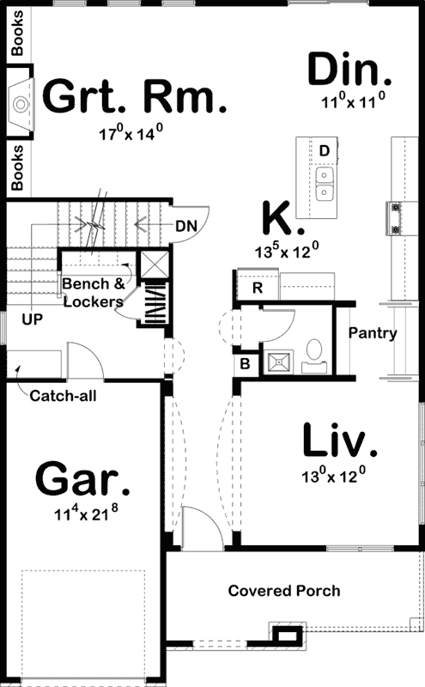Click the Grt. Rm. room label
click(x=135, y=97)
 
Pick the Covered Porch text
click(x=283, y=591)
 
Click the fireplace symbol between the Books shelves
click(x=21, y=104)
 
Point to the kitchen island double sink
click(x=325, y=183)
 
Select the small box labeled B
click(x=246, y=363)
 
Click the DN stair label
click(x=186, y=227)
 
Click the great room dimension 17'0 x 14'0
click(x=131, y=133)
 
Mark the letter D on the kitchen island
click(x=324, y=151)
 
